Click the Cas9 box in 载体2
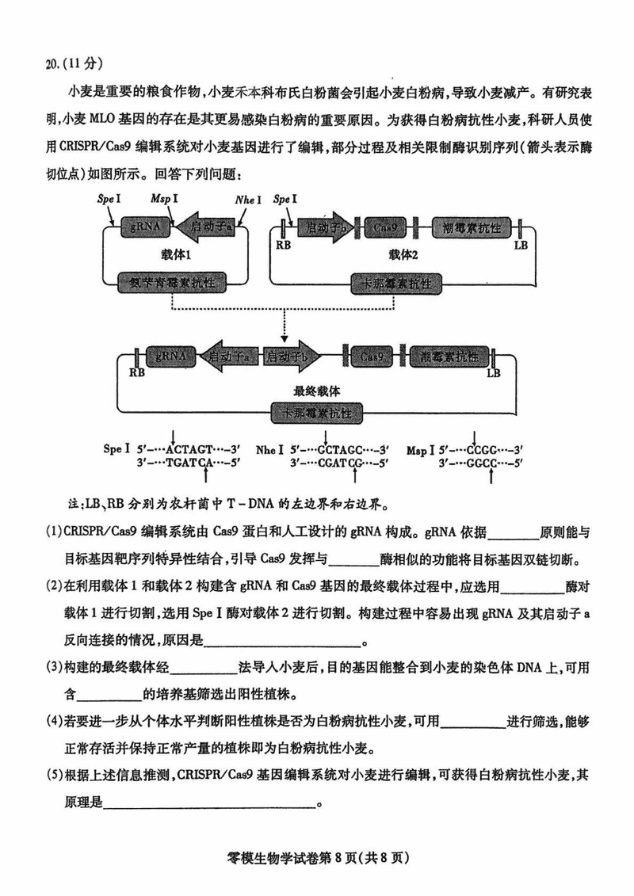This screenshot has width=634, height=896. [389, 227]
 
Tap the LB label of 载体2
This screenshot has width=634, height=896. [521, 245]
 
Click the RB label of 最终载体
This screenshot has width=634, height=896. [136, 372]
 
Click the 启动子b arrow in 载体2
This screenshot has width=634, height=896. [324, 227]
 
